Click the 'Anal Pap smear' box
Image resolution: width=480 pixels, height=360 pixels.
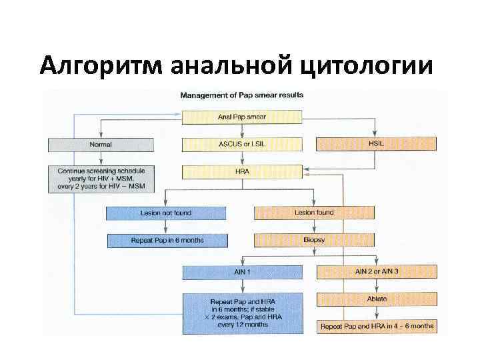click(x=242, y=117)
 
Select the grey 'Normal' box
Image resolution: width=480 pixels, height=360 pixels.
click(x=101, y=144)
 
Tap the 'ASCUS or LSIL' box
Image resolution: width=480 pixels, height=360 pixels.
click(x=242, y=144)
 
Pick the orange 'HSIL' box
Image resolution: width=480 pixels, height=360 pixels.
click(x=375, y=143)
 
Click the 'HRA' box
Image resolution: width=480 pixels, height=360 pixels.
click(x=242, y=171)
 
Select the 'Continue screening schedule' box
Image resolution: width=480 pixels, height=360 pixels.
click(x=101, y=179)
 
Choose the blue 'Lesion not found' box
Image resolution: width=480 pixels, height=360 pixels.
click(x=165, y=213)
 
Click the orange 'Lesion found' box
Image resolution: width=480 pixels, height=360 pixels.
click(x=314, y=213)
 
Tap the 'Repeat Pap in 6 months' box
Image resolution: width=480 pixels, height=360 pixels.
click(x=165, y=240)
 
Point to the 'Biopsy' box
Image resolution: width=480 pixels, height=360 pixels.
click(x=314, y=240)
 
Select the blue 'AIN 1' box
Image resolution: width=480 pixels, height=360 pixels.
click(x=242, y=272)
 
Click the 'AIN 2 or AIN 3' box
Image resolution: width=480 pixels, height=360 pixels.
click(x=377, y=272)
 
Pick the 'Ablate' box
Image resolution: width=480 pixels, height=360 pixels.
click(x=377, y=299)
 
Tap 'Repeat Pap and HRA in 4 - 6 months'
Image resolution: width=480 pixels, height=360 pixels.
click(x=377, y=327)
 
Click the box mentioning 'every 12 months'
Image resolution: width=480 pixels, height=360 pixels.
click(x=242, y=313)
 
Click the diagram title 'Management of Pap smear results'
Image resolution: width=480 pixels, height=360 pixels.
click(x=242, y=95)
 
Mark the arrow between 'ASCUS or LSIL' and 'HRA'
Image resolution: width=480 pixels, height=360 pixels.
click(x=242, y=158)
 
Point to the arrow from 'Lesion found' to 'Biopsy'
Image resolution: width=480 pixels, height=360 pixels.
click(x=314, y=227)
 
